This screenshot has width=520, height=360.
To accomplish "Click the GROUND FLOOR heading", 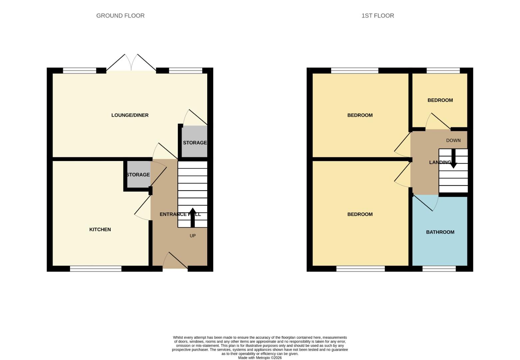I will (x=120, y=16).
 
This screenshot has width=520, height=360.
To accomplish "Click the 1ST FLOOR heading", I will (x=377, y=16).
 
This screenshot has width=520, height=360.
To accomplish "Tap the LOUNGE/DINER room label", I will (x=130, y=115).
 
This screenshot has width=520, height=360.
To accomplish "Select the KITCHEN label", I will (x=100, y=229).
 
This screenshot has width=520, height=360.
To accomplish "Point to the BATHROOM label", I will (x=440, y=232).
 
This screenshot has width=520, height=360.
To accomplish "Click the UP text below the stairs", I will (x=193, y=236).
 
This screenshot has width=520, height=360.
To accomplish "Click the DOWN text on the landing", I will (x=453, y=140).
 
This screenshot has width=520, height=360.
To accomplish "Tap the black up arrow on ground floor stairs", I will (x=193, y=217).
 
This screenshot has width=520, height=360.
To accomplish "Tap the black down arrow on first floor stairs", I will (x=453, y=159).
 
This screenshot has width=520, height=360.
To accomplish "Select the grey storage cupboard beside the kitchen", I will (x=138, y=175).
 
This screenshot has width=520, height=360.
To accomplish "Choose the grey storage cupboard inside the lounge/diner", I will (x=195, y=142).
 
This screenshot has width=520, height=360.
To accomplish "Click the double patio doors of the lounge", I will (x=131, y=63).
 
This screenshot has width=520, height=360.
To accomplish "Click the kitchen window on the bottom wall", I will (x=96, y=269).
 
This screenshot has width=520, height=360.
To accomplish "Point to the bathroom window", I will (x=439, y=269).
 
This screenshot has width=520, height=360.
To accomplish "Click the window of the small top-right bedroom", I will (x=443, y=70).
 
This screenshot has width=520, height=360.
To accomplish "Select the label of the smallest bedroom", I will (x=440, y=100).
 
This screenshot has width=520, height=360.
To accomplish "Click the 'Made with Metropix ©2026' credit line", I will (x=260, y=358).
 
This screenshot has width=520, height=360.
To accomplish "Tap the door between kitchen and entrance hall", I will (x=143, y=208).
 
